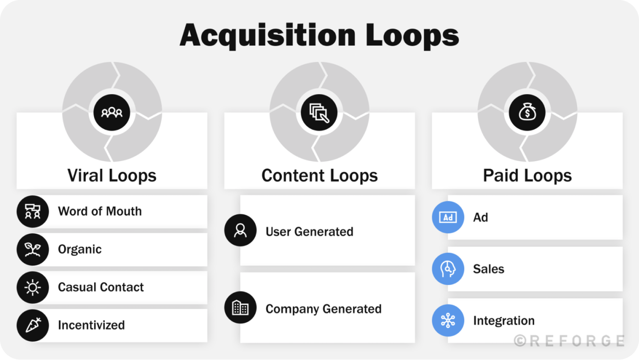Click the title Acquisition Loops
(x=319, y=35)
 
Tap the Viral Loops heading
(x=111, y=175)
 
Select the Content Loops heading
(x=319, y=175)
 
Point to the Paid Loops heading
(x=527, y=175)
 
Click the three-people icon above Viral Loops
(x=112, y=112)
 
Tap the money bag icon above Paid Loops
(x=527, y=112)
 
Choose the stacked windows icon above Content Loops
(x=319, y=112)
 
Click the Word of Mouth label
(x=100, y=211)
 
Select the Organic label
(x=80, y=249)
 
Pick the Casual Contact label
(x=101, y=287)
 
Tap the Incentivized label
(x=91, y=325)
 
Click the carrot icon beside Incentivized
(x=33, y=325)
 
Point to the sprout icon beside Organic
(x=33, y=250)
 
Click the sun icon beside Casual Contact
(x=33, y=287)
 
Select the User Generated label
(x=309, y=232)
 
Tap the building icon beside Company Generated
(x=240, y=307)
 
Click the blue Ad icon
(x=448, y=217)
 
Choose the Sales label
(x=489, y=269)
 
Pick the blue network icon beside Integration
(x=448, y=321)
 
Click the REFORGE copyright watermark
(x=569, y=341)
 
